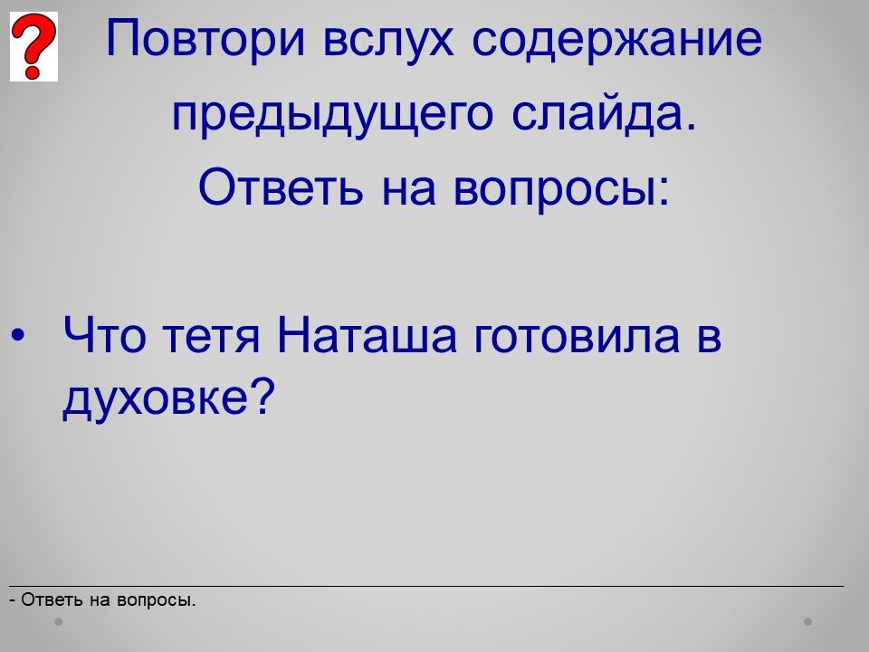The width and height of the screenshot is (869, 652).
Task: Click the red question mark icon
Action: coord(33,46)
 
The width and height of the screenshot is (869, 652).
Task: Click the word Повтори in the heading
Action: coord(205,39)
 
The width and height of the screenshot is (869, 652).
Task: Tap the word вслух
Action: coord(388,39)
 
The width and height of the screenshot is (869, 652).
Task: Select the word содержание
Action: coord(617,39)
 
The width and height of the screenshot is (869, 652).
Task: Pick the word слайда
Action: coord(604,113)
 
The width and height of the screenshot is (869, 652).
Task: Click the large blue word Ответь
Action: coord(281,187)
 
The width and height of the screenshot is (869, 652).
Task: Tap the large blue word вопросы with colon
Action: coord(562,189)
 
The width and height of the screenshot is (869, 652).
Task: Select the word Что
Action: coord(105,334)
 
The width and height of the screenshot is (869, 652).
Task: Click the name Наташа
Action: coord(368,334)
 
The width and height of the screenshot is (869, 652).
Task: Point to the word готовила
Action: coord(577,338)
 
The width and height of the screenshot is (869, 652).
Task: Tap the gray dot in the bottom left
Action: coord(59,621)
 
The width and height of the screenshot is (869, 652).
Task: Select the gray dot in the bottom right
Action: coord(808,621)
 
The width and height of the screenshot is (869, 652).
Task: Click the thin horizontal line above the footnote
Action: coord(426,586)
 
